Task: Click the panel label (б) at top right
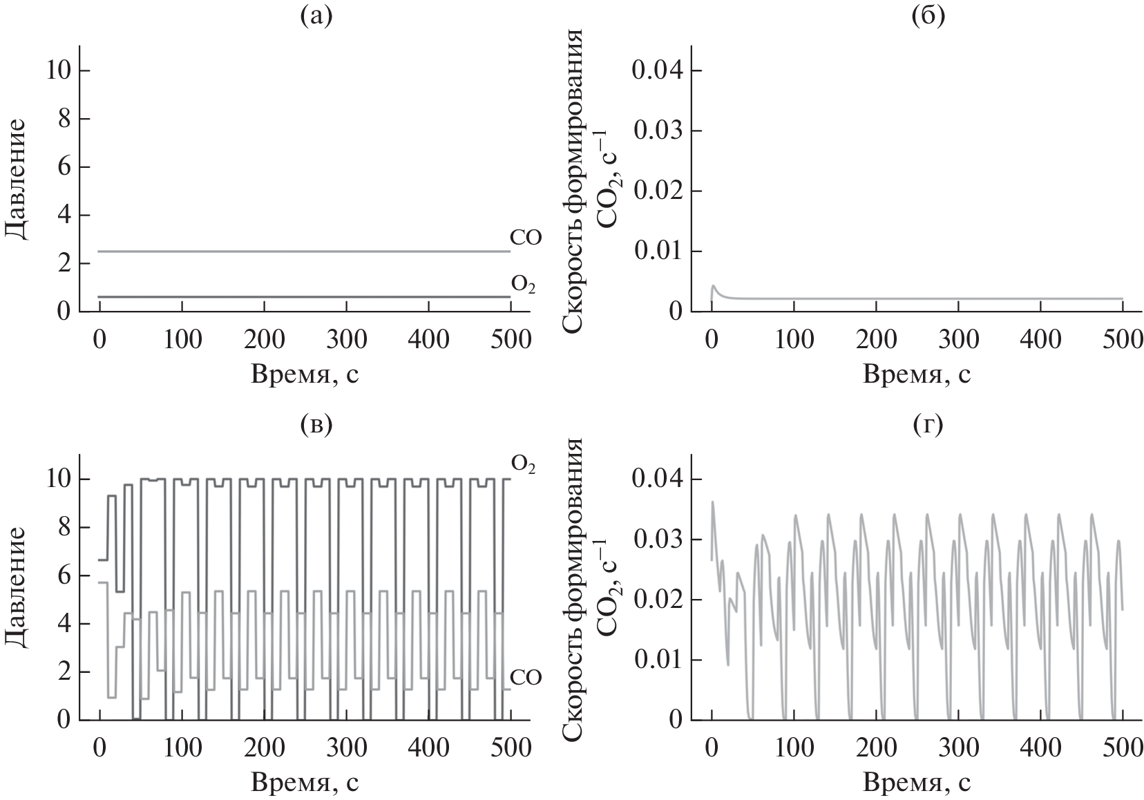point(928,17)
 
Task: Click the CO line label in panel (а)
point(526,238)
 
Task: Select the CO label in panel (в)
point(526,678)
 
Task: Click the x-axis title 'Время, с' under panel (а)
point(305,374)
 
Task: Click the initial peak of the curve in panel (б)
point(714,285)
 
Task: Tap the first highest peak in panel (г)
point(712,502)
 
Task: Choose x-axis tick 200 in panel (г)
point(876,748)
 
